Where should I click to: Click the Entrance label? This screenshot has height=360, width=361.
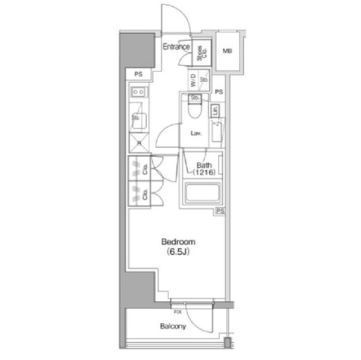click(x=176, y=47)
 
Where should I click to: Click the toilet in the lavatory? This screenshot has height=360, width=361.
click(x=195, y=110)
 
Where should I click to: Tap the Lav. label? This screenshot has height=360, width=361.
click(x=197, y=134)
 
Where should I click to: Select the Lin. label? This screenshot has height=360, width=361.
click(x=216, y=110)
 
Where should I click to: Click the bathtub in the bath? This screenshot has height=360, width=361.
click(x=203, y=194)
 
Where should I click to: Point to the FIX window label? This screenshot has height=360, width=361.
click(x=178, y=312)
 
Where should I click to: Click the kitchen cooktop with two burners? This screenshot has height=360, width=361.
click(x=139, y=91)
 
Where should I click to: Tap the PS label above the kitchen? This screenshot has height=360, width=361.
click(x=138, y=74)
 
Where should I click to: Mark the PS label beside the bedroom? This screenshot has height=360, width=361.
click(x=221, y=211)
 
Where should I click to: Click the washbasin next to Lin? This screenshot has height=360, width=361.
click(x=217, y=132)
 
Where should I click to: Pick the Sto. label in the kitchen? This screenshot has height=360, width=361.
click(x=136, y=118)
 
